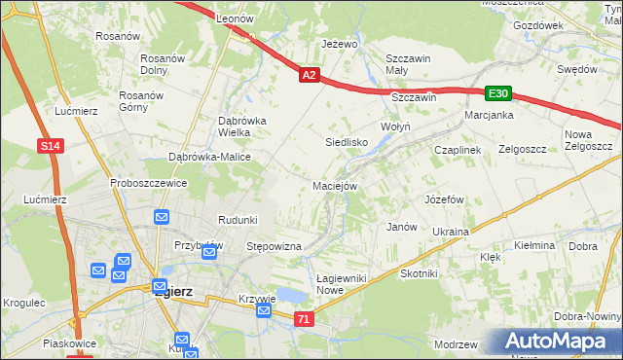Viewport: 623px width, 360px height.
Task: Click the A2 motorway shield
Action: (x=309, y=74)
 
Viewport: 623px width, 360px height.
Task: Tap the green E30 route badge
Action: (x=498, y=93)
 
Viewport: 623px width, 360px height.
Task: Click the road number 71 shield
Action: (x=305, y=318)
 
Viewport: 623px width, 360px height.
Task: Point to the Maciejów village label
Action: (x=336, y=185)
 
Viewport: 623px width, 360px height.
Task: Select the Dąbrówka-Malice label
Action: (x=210, y=157)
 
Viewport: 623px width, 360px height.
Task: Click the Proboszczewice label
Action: (x=148, y=183)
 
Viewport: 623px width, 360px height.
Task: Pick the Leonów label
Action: (x=235, y=18)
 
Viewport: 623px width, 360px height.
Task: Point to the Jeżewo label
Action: (x=341, y=45)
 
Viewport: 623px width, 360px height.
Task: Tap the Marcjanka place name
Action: (x=489, y=115)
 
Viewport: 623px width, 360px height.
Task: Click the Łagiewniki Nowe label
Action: (x=342, y=284)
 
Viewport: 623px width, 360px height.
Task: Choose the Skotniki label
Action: (x=419, y=273)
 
